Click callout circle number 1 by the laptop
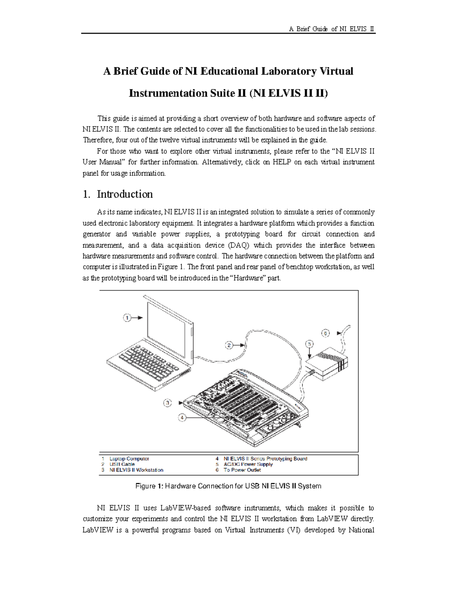pos(127,317)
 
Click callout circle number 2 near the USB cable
pos(229,346)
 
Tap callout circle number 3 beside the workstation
pos(167,403)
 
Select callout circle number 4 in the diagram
pos(182,417)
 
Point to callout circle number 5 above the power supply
pos(310,344)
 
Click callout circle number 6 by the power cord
pos(325,333)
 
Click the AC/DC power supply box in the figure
pos(328,363)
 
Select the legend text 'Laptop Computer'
pos(129,459)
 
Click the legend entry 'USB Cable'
pos(122,464)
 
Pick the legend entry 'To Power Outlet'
pos(242,470)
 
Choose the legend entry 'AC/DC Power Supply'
pos(248,464)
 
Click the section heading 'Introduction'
pos(125,194)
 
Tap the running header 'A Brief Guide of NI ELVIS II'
pos(332,29)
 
